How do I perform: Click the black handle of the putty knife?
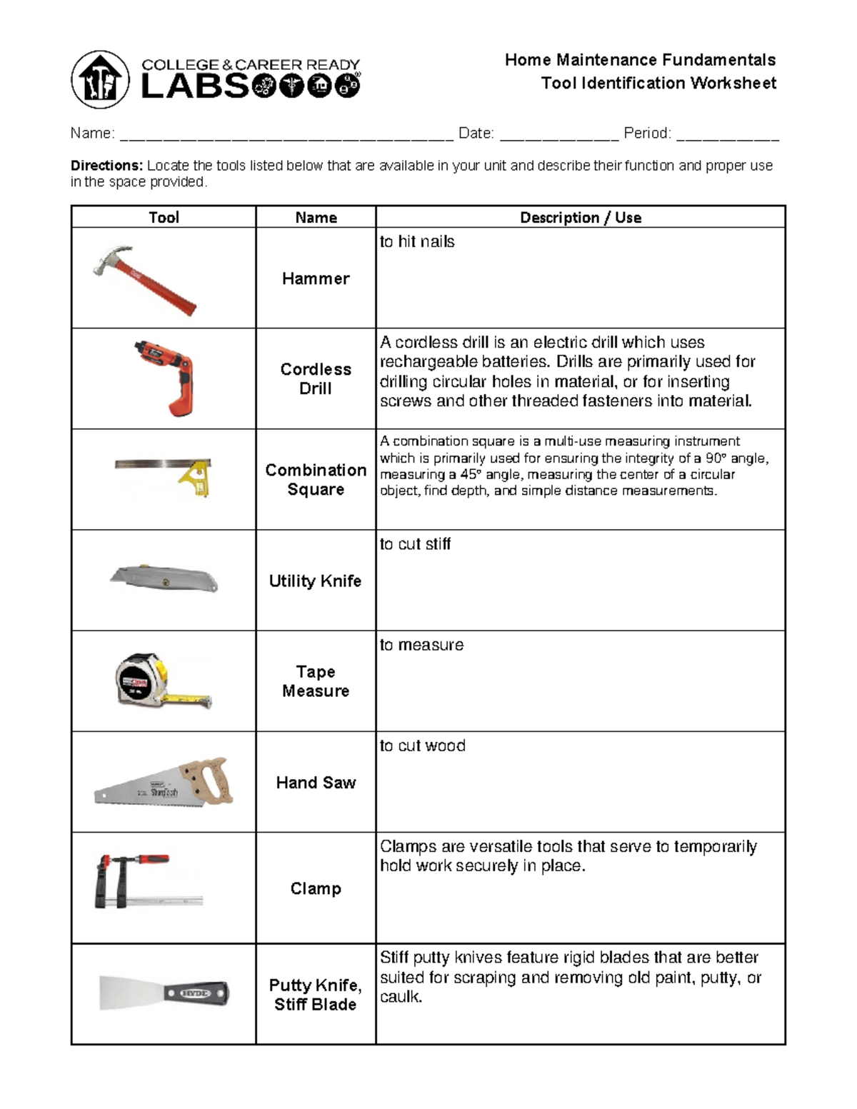196,993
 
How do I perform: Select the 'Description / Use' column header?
580,217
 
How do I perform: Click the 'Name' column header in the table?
316,217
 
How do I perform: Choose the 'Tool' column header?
164,217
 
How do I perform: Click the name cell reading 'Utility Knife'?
315,581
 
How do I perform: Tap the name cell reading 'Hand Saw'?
316,783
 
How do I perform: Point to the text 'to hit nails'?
417,241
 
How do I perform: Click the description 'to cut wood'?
422,746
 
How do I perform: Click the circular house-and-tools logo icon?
100,79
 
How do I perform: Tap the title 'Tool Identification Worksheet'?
658,83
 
